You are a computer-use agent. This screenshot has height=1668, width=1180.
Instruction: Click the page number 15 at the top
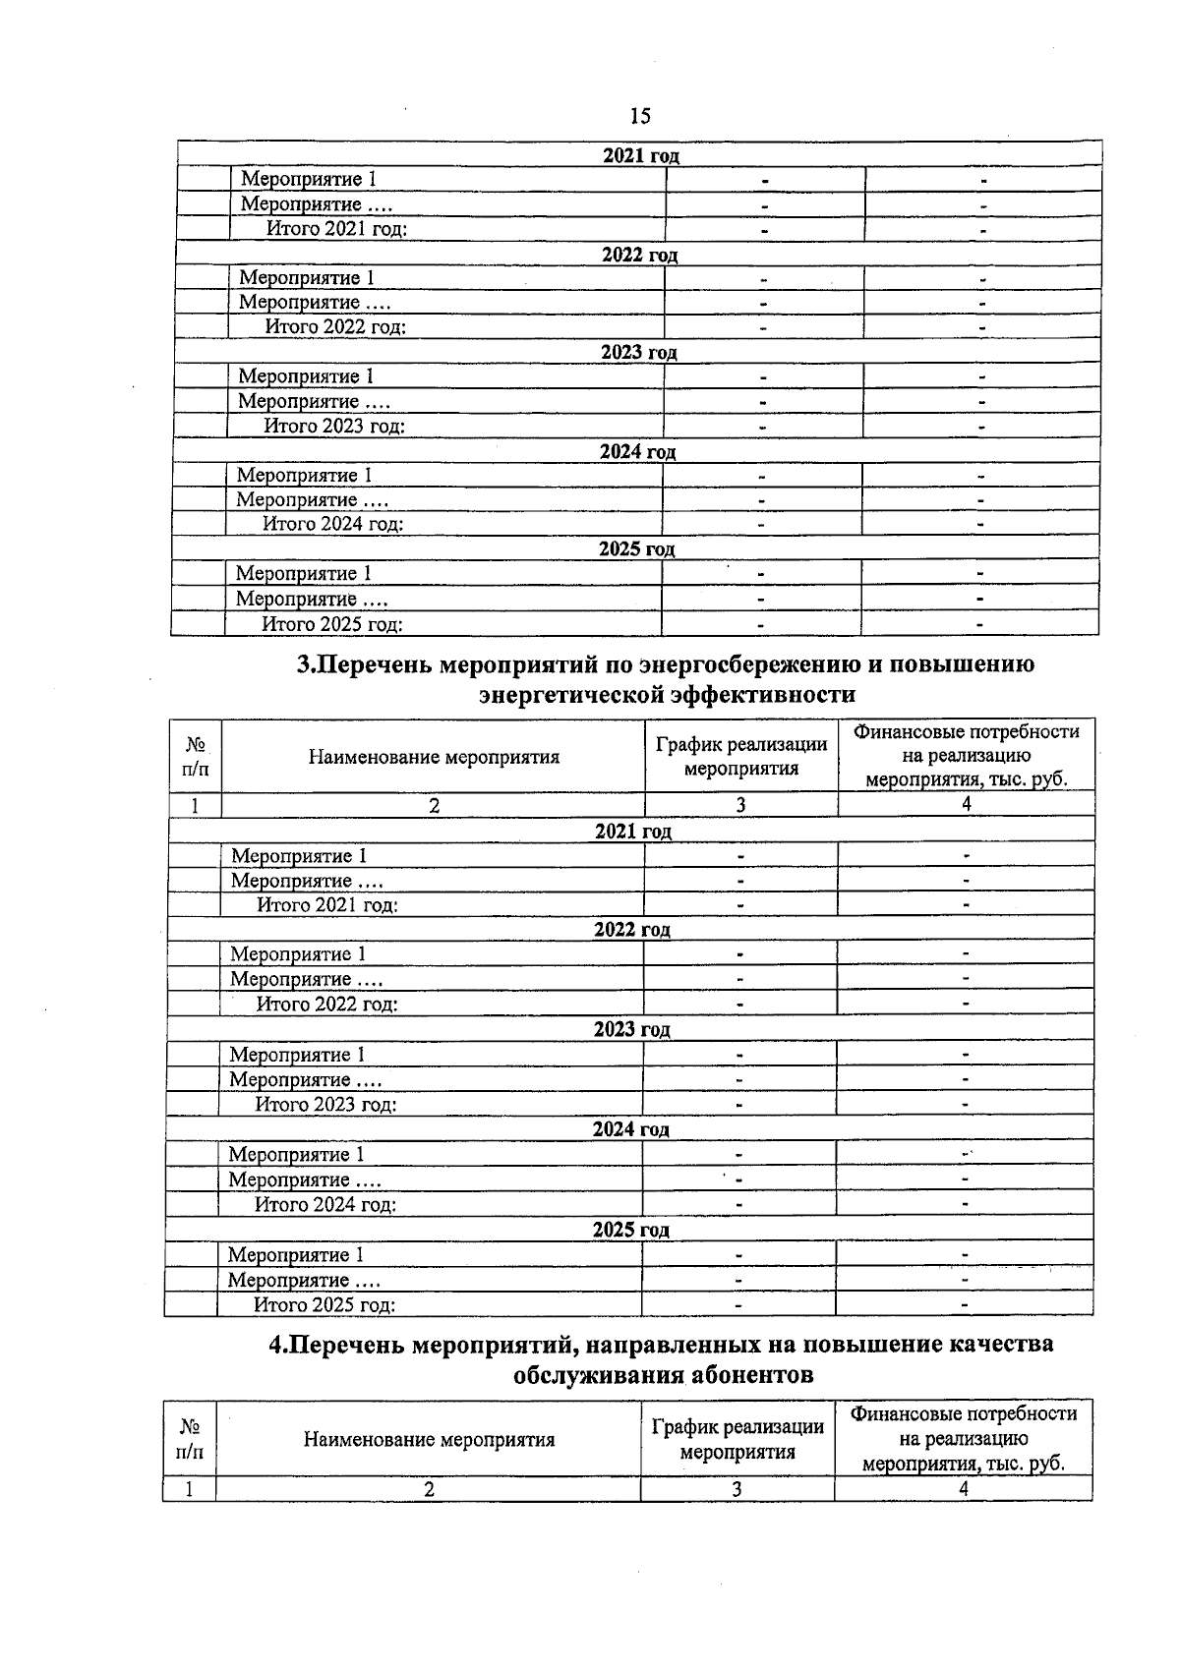pos(639,117)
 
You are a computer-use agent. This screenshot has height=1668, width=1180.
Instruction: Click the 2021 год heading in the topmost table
pos(640,155)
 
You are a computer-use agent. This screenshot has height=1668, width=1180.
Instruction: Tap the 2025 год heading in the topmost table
pos(637,549)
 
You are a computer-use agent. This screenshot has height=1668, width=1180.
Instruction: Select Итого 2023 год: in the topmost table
pos(334,426)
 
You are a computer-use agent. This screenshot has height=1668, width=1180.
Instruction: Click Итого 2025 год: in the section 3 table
pos(324,1305)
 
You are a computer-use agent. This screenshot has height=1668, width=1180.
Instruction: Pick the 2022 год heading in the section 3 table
pos(631,930)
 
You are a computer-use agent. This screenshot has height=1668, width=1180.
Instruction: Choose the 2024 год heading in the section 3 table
pos(630,1129)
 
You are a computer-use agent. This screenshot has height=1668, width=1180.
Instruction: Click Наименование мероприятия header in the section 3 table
pos(434,757)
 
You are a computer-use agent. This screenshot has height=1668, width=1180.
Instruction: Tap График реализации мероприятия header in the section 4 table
pos(737,1439)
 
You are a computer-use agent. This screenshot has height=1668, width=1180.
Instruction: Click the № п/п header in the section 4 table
pos(190,1439)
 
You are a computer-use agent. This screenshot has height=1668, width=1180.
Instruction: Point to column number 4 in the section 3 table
pos(966,804)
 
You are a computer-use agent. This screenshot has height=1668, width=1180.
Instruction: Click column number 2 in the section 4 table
pos(429,1488)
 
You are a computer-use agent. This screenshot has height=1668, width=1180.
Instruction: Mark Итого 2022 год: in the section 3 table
pos(326,1004)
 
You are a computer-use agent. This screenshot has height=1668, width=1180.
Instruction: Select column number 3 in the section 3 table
pos(740,804)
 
